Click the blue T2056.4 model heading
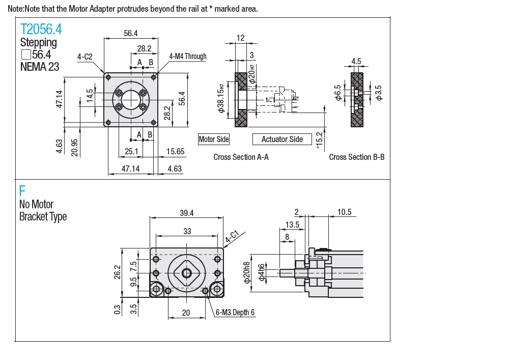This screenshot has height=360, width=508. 41,29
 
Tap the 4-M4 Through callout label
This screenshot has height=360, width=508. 188,57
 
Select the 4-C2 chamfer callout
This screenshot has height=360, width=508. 84,57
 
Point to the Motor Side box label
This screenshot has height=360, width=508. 213,140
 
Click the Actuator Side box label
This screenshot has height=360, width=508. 282,140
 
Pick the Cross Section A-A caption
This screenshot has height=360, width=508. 241,157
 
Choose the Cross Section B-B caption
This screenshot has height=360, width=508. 357,157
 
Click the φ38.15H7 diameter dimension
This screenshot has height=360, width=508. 221,98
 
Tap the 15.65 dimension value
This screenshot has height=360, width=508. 175,151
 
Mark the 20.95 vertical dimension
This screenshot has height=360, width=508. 74,148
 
